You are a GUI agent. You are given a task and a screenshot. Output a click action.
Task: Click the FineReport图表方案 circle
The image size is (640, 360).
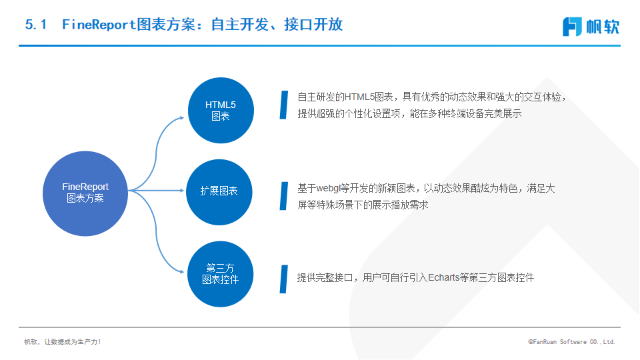point(85,193)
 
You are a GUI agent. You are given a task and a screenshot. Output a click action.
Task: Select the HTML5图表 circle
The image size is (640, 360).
point(221,110)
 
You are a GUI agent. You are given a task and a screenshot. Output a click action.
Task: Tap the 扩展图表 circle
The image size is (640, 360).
point(219,192)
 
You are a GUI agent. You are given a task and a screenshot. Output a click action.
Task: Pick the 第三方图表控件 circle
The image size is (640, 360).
point(221,274)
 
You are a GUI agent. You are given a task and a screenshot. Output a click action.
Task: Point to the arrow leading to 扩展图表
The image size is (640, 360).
point(156,190)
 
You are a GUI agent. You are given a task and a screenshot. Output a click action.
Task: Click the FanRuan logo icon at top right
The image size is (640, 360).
point(572,27)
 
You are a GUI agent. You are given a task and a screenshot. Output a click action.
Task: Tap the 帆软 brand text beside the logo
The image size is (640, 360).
point(603,27)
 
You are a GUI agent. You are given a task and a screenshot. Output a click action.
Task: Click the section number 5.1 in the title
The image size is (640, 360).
point(36,25)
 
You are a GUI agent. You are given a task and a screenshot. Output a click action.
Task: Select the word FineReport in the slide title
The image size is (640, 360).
point(99,25)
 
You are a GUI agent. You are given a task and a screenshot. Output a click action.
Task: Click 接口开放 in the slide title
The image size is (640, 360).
point(313,25)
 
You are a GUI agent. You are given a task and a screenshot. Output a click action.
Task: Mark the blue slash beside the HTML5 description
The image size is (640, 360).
point(284,105)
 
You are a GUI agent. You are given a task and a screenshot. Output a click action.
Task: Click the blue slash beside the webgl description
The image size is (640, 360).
point(284,196)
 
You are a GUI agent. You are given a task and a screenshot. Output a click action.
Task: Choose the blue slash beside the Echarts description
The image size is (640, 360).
point(284,279)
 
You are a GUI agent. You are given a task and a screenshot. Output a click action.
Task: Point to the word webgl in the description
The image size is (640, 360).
point(328,189)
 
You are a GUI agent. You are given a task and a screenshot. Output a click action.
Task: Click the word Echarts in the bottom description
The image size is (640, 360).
point(444,277)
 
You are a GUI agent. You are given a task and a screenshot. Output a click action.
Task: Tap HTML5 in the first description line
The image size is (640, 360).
point(359,97)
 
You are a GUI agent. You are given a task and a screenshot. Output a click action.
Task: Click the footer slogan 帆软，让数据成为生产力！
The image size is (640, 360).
point(63,341)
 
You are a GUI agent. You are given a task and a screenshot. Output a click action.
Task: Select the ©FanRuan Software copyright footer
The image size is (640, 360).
point(571,341)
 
